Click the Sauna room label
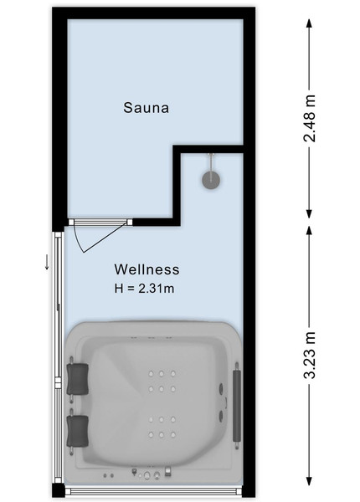146,108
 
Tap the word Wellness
147,269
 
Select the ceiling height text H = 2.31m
145,289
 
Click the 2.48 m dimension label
310,118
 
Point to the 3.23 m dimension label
310,355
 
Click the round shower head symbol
211,180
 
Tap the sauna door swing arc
78,238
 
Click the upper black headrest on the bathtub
78,379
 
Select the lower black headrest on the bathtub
78,431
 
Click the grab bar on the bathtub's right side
237,405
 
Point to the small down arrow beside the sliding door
47,262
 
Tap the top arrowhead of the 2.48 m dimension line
309,23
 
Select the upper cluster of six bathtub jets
161,382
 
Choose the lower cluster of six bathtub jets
161,427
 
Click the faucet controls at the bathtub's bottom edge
152,473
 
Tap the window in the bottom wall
154,491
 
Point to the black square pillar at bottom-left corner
59,490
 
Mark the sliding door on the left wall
58,357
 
